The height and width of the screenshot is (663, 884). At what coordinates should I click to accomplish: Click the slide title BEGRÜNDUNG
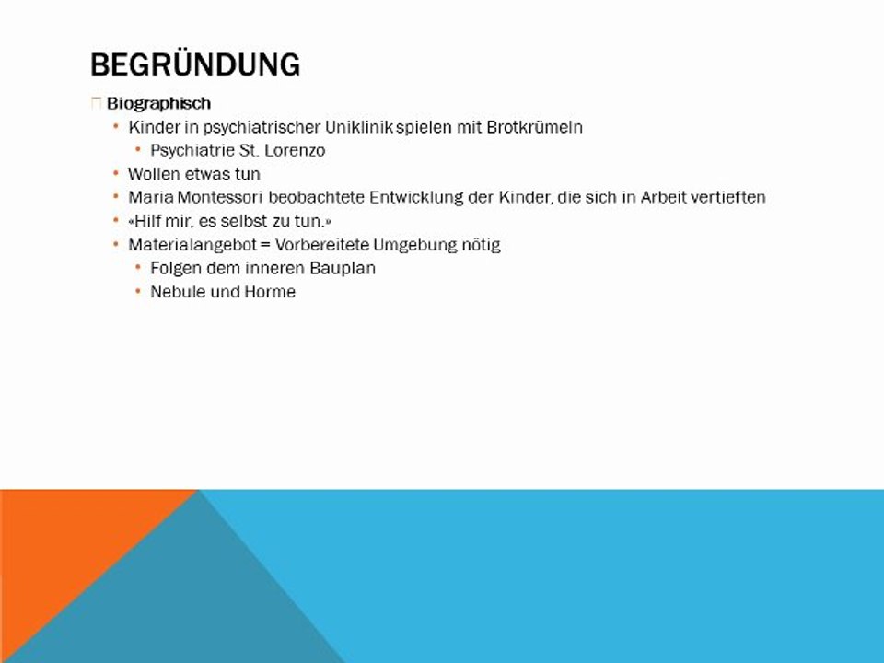point(195,64)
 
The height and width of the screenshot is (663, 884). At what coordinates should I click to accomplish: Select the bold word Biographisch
point(158,103)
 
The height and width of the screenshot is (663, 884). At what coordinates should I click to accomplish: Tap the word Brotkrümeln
point(534,127)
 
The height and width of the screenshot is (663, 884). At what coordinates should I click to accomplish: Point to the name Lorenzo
point(295,150)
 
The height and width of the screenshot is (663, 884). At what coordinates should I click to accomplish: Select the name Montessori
point(220,197)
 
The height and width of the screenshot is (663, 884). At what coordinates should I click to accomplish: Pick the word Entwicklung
point(416,197)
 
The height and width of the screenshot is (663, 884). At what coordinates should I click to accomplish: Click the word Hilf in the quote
point(149,221)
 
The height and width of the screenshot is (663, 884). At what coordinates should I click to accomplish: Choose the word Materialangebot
point(192,245)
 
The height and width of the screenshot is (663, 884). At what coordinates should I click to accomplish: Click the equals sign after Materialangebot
point(265,245)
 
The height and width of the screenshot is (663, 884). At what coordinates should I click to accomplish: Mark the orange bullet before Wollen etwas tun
point(116,173)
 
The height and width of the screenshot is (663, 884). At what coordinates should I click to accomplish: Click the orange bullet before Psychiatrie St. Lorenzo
point(137,149)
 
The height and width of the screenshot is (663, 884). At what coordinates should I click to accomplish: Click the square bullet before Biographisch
point(96,103)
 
